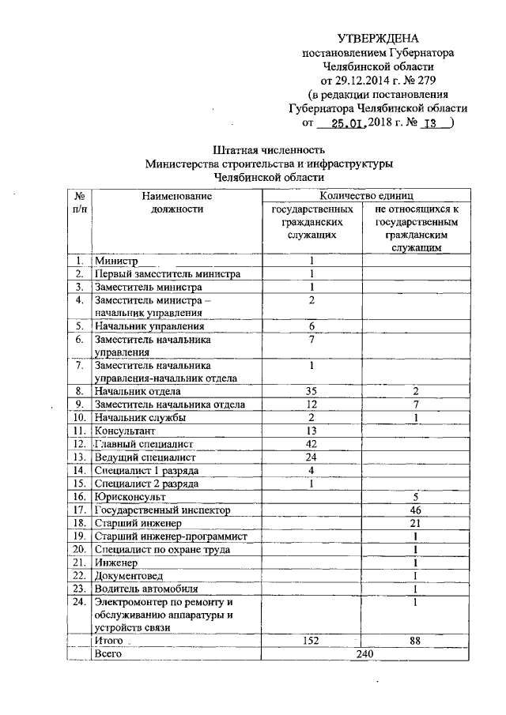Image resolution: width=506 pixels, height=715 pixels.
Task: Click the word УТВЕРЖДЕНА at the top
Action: tap(379, 38)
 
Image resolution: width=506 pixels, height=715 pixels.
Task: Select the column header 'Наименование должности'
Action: tap(177, 202)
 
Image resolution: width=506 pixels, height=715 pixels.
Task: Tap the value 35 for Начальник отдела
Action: tap(312, 391)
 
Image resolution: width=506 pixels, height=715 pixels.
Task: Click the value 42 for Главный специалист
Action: tap(312, 445)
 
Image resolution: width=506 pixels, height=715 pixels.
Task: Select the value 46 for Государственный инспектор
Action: tap(414, 511)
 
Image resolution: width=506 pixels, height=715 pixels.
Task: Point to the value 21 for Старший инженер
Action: tap(414, 524)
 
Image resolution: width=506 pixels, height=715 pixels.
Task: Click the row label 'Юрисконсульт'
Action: tap(130, 498)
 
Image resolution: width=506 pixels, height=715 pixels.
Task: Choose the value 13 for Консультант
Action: tap(312, 431)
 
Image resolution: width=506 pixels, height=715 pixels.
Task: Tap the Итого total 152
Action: tap(312, 642)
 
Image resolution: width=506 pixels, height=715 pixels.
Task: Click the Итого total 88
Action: tap(414, 642)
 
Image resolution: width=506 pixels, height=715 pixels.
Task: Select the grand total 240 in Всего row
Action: tap(364, 655)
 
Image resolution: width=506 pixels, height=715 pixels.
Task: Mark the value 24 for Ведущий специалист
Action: tap(312, 457)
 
